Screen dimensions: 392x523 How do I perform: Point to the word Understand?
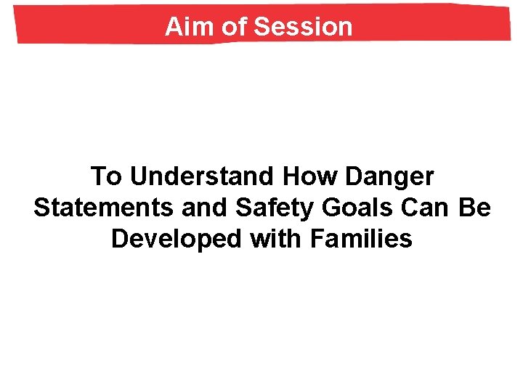pyautogui.click(x=204, y=176)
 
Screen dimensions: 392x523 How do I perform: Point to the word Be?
pyautogui.click(x=476, y=208)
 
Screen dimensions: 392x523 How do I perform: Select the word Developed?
pyautogui.click(x=177, y=239)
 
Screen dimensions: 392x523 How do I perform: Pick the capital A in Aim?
pyautogui.click(x=173, y=27)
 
